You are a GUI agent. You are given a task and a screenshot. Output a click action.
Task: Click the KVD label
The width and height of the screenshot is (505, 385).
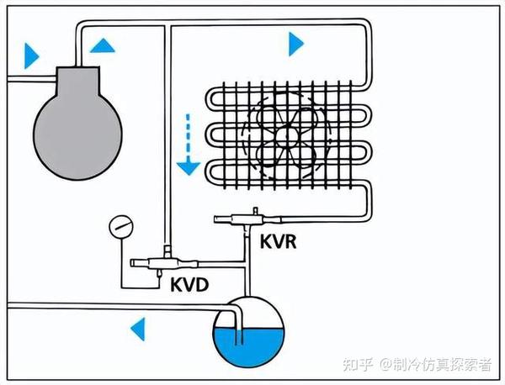[189, 285]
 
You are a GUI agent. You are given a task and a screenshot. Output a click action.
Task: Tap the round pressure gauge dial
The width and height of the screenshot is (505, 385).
[121, 227]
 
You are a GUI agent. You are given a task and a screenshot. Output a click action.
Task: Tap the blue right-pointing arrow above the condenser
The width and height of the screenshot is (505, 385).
[295, 43]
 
